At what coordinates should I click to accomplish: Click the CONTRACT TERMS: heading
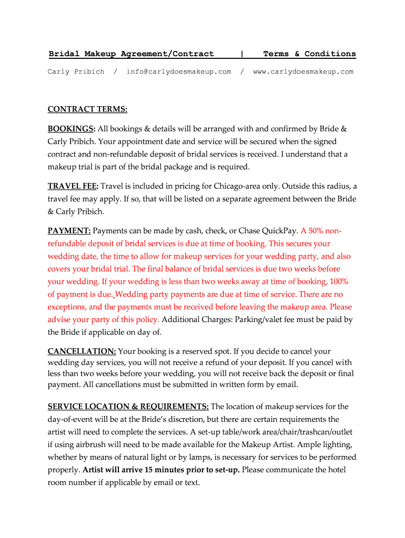click(87, 109)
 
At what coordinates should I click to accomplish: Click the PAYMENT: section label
click(69, 231)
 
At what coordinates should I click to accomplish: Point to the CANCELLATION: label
click(82, 351)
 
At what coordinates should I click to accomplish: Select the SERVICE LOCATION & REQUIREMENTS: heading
click(128, 406)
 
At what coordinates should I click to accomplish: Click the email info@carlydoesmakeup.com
click(178, 71)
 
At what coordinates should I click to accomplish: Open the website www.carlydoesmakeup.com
click(303, 71)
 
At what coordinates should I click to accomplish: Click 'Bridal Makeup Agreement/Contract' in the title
click(131, 54)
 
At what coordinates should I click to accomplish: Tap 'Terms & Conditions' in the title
click(309, 54)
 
